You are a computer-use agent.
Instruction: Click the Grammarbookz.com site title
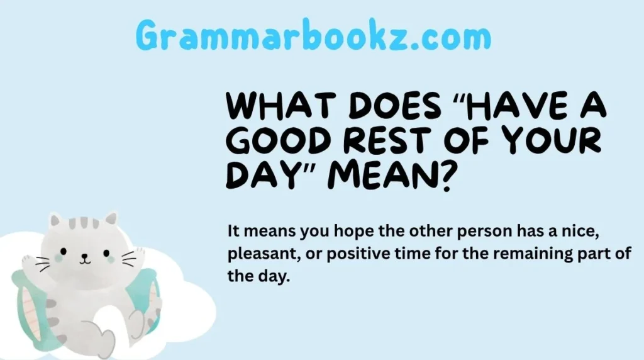[x=313, y=37]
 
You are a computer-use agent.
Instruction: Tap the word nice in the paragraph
[x=572, y=231]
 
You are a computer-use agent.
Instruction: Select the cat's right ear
[x=111, y=219]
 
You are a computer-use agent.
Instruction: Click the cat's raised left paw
[x=28, y=261]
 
